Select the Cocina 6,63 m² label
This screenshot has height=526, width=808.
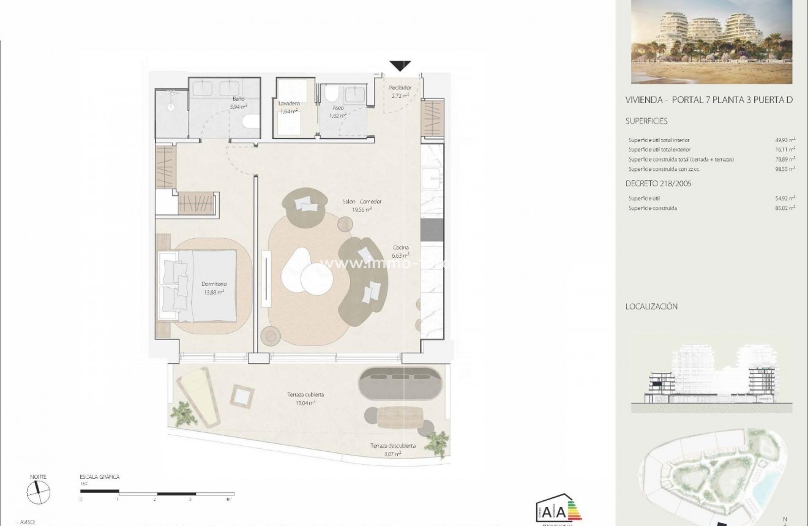pos(401,251)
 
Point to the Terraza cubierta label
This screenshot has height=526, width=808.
pos(305,398)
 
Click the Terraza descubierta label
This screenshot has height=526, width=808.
pos(392,449)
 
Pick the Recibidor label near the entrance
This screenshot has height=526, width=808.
pos(400,91)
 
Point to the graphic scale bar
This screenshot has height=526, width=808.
pos(157,493)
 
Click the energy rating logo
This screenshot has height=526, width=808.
pos(558,511)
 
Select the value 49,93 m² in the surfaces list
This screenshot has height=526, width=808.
pos(785,140)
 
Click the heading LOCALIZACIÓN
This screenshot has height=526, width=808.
pos(651,307)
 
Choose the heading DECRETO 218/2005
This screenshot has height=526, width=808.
pos(659,183)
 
